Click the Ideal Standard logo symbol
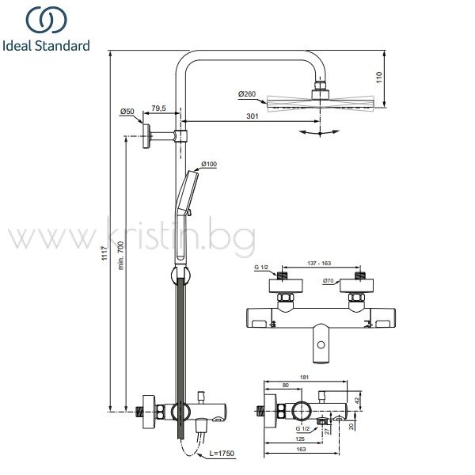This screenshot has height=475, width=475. click(47, 20)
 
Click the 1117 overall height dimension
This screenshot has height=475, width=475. click(104, 253)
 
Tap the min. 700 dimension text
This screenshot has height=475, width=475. click(121, 256)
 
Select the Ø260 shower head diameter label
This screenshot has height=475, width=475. click(247, 94)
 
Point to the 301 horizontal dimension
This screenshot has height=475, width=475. click(253, 116)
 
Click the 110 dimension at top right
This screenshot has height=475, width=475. click(379, 78)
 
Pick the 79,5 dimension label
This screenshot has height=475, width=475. click(159, 108)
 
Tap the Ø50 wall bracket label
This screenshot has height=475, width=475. click(127, 112)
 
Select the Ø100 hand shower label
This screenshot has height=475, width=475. click(209, 164)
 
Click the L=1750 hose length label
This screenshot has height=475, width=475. click(222, 453)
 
